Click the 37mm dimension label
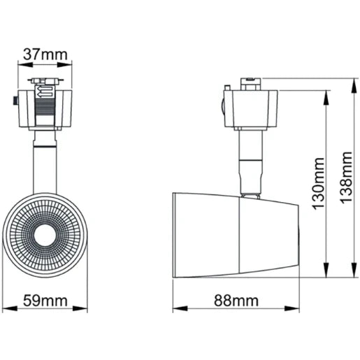(x=45, y=53)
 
